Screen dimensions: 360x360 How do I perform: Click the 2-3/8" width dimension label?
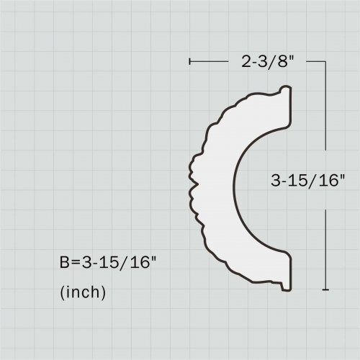266,62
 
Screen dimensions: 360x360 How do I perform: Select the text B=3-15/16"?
107,263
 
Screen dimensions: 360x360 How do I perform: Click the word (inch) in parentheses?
83,292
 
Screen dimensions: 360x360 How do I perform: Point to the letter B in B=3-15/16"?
65,263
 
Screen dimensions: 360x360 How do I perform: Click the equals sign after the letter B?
76,263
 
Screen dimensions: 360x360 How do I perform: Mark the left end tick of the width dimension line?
189,62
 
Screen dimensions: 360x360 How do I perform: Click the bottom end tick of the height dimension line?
326,289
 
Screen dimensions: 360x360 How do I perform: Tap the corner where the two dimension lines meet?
326,62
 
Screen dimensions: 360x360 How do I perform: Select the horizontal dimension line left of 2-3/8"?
212,62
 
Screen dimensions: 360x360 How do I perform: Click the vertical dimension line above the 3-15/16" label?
326,115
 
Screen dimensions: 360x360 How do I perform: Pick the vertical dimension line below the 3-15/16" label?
326,245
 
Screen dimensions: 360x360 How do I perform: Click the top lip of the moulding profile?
284,91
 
